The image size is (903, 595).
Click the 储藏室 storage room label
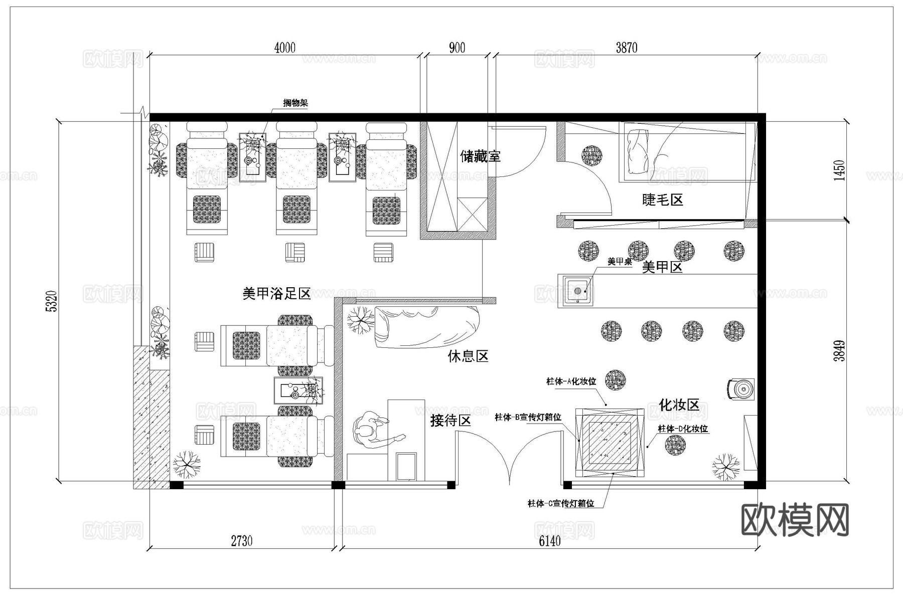point(480,156)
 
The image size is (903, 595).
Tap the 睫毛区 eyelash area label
point(662,200)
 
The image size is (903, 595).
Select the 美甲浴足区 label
point(276,294)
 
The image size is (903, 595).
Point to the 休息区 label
point(468,356)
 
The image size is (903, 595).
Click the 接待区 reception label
point(450,421)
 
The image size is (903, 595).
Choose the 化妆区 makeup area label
point(679,405)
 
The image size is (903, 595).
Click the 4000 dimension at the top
point(284,48)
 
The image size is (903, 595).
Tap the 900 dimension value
point(457,48)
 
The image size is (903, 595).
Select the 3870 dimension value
point(626,48)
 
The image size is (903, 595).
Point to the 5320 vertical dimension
point(52,301)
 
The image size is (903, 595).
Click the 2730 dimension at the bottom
point(241,541)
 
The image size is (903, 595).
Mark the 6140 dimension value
point(550,541)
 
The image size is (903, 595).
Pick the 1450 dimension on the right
point(839,170)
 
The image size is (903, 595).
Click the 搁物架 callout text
point(295,103)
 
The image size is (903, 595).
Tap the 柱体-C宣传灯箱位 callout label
point(560,503)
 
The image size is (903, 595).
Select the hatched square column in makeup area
point(610,443)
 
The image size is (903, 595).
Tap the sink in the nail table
point(577,291)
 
